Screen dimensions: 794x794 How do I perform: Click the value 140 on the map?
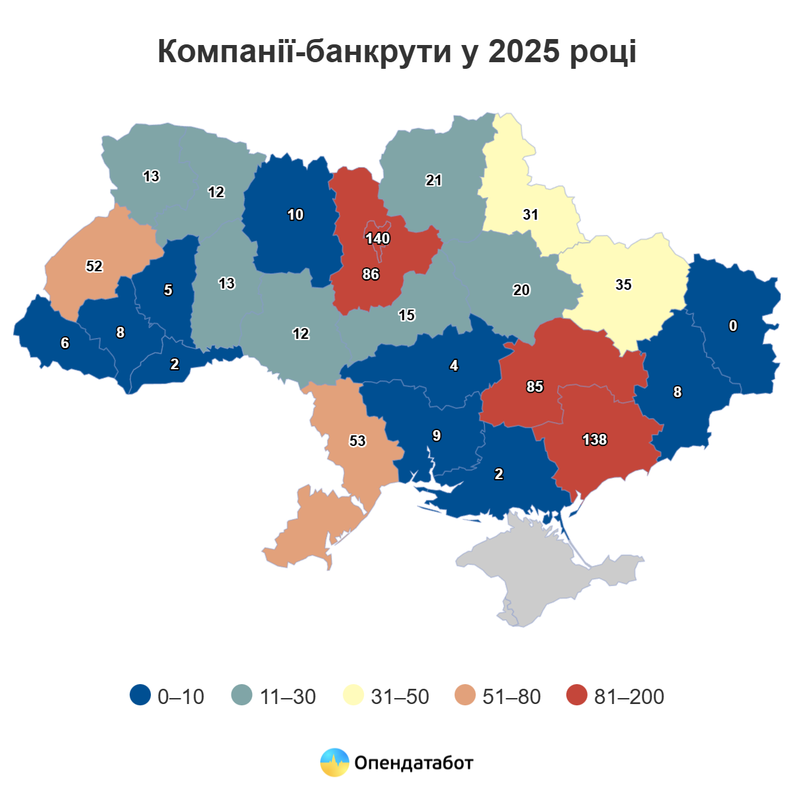point(378,238)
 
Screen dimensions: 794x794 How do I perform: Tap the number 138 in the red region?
point(594,439)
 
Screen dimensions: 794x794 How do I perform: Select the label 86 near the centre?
point(371,274)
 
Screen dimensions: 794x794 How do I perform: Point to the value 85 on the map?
point(535,386)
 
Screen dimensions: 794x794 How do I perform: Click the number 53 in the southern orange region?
point(357,441)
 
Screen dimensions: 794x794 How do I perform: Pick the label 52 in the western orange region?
point(95,266)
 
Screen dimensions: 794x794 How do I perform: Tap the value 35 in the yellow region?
point(623,285)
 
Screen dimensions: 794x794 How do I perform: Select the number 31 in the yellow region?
point(531,214)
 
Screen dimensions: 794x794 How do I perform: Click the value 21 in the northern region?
point(434,180)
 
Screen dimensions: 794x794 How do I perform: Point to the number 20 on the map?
point(521,290)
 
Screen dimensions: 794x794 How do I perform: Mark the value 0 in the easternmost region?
point(733,326)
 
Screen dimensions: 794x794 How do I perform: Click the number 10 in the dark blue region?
point(295,214)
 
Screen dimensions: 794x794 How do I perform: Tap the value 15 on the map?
point(406,315)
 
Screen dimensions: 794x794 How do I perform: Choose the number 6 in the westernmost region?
point(65,343)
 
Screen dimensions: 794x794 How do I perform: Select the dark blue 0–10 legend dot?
point(140,695)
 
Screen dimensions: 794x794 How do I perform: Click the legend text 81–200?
point(629,697)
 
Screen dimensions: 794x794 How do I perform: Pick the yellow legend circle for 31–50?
point(354,695)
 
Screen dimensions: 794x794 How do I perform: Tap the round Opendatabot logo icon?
point(335,762)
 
